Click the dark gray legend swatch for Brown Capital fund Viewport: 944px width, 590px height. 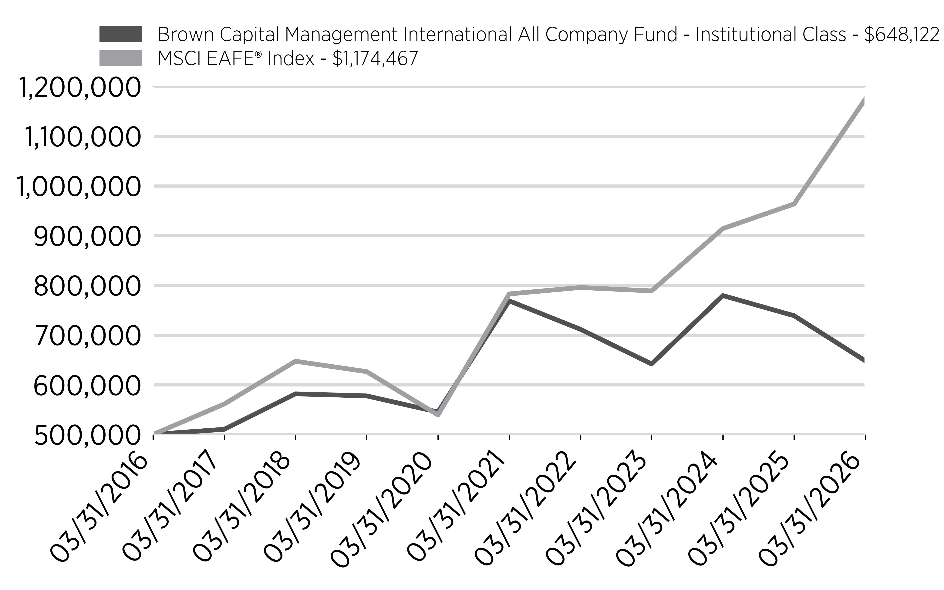[120, 34]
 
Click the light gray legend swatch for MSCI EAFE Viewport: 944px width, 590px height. [120, 58]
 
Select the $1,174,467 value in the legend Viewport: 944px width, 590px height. [375, 59]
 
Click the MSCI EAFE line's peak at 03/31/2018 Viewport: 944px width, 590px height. [296, 361]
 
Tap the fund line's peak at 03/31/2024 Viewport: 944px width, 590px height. [723, 295]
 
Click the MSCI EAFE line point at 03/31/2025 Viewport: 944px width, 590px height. [794, 204]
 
